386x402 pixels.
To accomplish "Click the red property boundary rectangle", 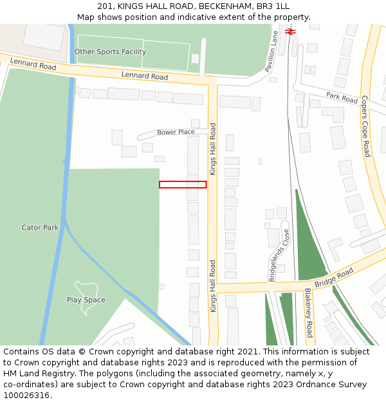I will tap(183, 185).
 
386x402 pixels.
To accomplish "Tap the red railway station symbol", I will tap(290, 30).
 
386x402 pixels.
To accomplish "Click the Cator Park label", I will tap(40, 228).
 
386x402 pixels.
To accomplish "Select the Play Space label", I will tap(86, 300).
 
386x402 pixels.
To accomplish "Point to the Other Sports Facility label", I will tap(110, 51).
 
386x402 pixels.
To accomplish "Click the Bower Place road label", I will tap(176, 132).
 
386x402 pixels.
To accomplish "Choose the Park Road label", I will tap(342, 98).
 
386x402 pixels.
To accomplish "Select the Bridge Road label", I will tap(334, 278).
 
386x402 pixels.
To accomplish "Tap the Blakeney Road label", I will tap(308, 313).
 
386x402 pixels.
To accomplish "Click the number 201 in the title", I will tap(106, 6).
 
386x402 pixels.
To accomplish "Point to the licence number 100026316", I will tap(28, 395).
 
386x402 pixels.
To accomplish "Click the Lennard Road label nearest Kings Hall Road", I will tap(145, 77).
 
